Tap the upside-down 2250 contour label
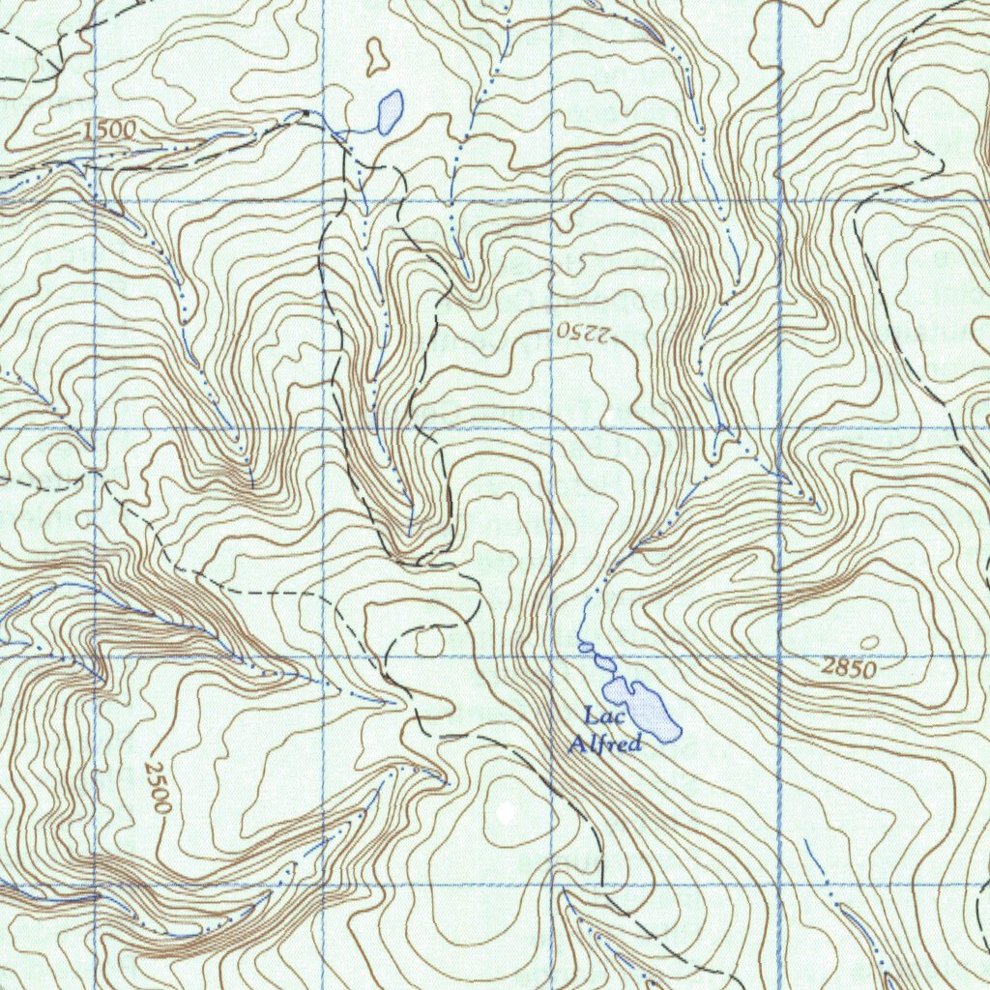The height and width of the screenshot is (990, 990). pyautogui.click(x=584, y=332)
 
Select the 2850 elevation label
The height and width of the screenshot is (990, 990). pyautogui.click(x=849, y=668)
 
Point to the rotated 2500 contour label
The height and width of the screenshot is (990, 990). pyautogui.click(x=157, y=786)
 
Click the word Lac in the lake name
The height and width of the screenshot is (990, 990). pyautogui.click(x=599, y=716)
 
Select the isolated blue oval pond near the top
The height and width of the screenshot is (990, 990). pyautogui.click(x=390, y=112)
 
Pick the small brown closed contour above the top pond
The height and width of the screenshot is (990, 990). pyautogui.click(x=375, y=57)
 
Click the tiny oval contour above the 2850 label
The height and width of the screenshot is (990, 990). pyautogui.click(x=869, y=642)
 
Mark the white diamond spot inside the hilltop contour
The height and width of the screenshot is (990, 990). pyautogui.click(x=505, y=810)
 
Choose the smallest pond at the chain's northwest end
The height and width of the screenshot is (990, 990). pyautogui.click(x=584, y=646)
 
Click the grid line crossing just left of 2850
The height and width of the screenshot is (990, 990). pyautogui.click(x=780, y=657)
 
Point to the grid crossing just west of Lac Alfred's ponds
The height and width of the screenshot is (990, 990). pyautogui.click(x=552, y=657)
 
